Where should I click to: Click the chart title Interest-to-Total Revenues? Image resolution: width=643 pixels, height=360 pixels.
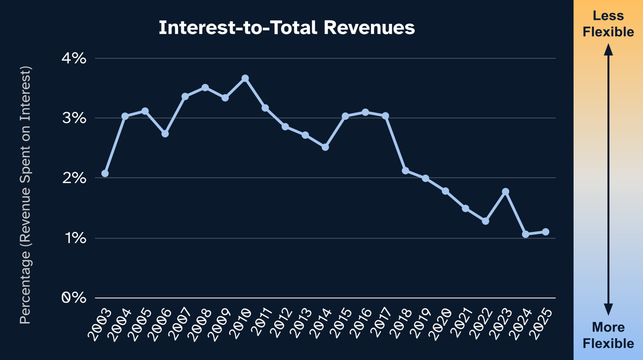coord(287,28)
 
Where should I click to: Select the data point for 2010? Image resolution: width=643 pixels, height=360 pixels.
coord(245,78)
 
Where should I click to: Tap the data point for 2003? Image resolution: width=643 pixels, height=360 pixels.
coord(105,173)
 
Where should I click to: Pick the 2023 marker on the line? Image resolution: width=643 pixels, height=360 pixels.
coord(505,192)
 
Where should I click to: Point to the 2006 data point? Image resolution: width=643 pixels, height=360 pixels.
coord(165,134)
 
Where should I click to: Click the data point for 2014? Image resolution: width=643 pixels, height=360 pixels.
coord(325,147)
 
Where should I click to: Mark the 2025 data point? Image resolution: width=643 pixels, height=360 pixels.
coord(546,232)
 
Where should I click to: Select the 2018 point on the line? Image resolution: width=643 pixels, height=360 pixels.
coord(405,171)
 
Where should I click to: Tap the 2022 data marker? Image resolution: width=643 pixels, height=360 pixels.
coord(485,221)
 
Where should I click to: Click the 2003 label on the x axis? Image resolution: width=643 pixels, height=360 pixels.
coord(100,325)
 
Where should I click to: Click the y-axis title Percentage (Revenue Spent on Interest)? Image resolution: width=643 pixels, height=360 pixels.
coord(25,195)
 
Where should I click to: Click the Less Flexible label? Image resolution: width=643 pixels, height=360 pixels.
coord(608,24)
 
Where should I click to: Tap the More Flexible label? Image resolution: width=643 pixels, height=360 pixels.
coord(608,335)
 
